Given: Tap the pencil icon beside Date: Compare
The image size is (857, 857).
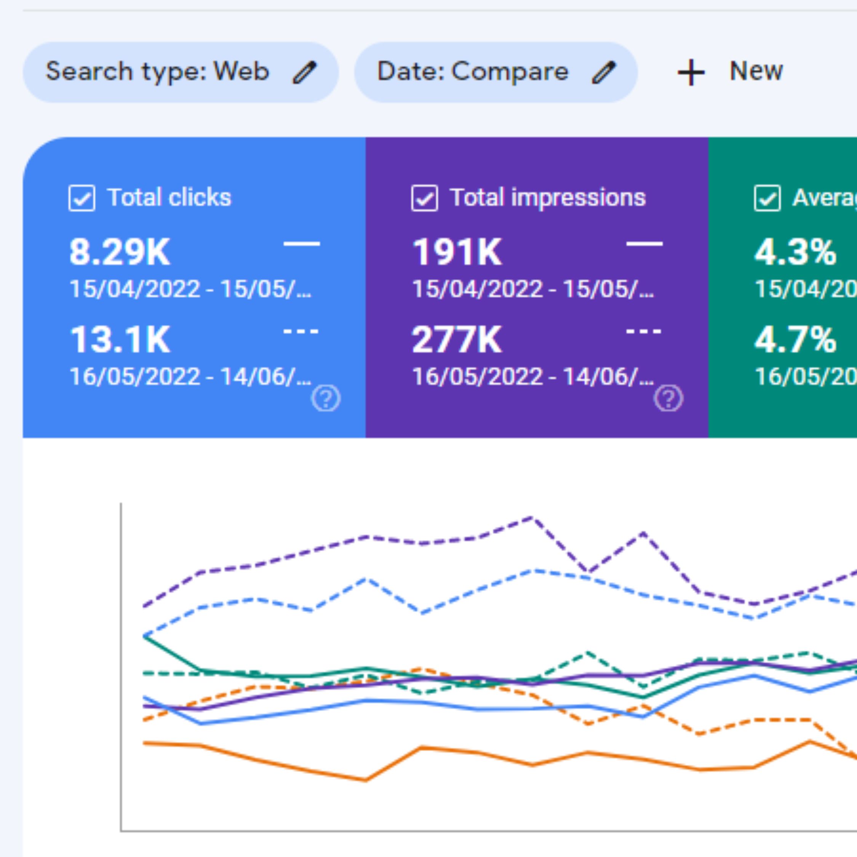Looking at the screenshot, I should (604, 72).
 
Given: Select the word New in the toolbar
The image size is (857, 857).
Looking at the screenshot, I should (756, 71).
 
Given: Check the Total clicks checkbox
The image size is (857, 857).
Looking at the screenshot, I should (82, 198).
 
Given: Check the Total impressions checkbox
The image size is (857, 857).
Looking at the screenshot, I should (425, 198).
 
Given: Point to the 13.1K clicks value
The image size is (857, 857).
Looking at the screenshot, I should (120, 340).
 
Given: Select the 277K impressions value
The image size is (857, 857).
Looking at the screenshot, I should (457, 340).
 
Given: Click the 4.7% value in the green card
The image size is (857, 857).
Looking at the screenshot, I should (795, 340).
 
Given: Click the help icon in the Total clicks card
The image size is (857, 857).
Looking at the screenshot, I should (326, 398).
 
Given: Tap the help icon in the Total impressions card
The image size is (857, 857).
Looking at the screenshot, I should (668, 398).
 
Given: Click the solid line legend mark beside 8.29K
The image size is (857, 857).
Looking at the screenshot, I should (302, 243).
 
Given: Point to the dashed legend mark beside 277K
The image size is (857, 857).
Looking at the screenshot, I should (644, 331).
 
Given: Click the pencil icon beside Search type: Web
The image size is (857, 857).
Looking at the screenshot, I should (304, 72).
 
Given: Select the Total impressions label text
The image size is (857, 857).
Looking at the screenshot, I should (548, 197).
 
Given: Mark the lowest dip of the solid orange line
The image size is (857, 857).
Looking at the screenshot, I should (366, 780).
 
